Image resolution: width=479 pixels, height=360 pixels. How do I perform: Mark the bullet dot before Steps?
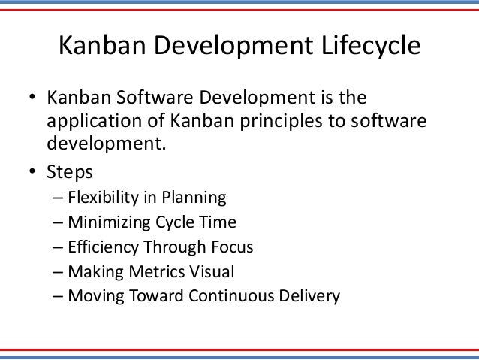(x=33, y=171)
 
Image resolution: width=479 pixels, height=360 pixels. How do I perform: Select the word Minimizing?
(x=105, y=222)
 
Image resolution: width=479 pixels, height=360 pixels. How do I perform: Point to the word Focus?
(x=233, y=247)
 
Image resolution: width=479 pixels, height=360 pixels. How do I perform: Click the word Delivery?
(x=313, y=295)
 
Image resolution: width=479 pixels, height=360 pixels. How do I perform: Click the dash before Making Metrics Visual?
(x=59, y=271)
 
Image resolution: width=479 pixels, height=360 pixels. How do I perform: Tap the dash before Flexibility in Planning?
(x=59, y=198)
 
